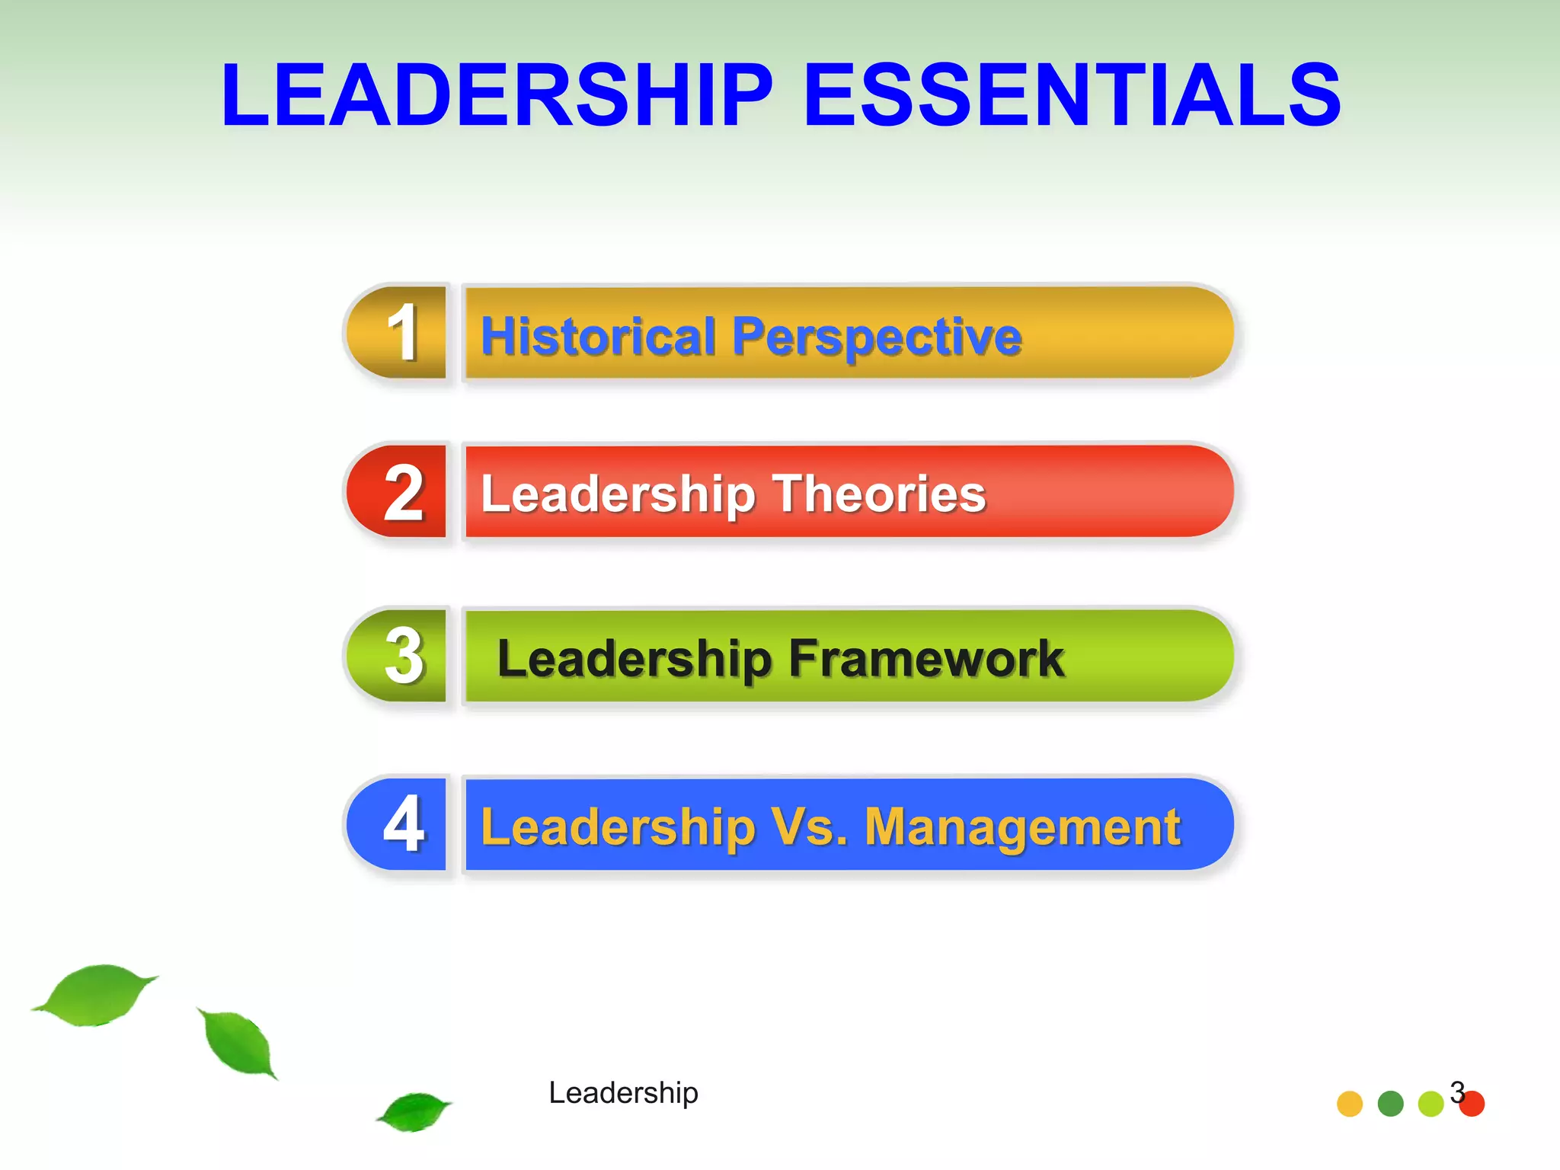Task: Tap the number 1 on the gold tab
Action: (x=403, y=333)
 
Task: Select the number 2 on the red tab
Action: (x=403, y=494)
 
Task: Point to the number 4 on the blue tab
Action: (x=403, y=823)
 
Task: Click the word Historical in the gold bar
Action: (x=598, y=336)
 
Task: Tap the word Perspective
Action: (x=877, y=337)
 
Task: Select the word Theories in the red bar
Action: (x=879, y=494)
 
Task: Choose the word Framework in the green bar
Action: (x=926, y=658)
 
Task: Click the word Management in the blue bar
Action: (x=1022, y=827)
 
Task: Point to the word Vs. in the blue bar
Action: (x=809, y=827)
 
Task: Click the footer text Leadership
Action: (x=623, y=1093)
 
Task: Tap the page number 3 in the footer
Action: (x=1456, y=1092)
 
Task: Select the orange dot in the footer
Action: (x=1350, y=1104)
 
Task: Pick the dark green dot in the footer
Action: (x=1391, y=1104)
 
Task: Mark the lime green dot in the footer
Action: (x=1431, y=1104)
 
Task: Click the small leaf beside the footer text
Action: (x=414, y=1111)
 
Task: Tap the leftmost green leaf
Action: (x=95, y=994)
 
